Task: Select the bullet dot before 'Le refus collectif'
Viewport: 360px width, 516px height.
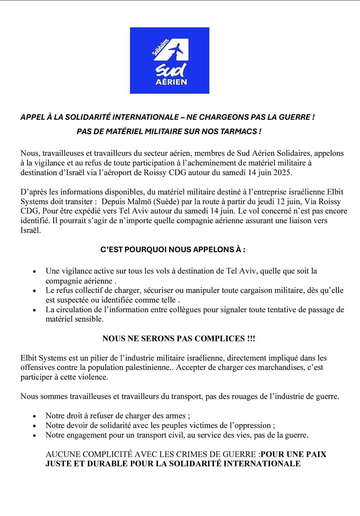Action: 34,291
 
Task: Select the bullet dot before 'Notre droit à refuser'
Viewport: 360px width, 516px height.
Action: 34,416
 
